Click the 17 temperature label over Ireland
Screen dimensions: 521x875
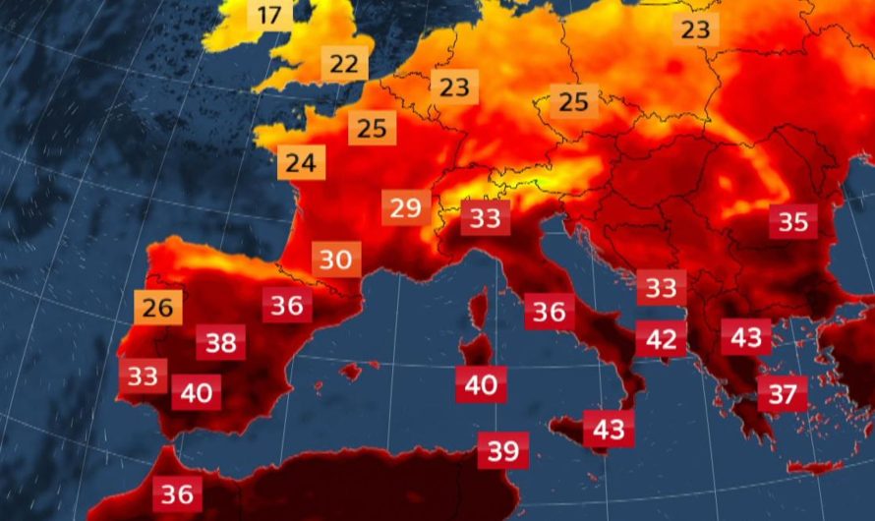269,15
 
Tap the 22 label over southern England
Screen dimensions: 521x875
344,64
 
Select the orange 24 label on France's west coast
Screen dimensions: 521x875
302,163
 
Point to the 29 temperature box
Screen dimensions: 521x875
405,208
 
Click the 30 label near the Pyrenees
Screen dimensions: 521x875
336,260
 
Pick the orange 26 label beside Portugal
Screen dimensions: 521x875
157,308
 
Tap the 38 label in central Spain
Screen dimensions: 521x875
221,343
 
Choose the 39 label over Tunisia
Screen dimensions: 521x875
503,450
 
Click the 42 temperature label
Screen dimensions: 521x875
661,339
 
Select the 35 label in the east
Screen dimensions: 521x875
792,221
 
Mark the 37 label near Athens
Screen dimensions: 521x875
783,394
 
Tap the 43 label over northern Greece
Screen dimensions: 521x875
746,337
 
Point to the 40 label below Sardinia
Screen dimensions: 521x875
481,384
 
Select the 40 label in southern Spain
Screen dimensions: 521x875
197,393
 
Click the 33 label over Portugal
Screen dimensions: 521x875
144,376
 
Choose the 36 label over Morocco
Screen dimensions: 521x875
177,492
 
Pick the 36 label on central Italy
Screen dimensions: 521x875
550,312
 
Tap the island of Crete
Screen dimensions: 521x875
814,467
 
